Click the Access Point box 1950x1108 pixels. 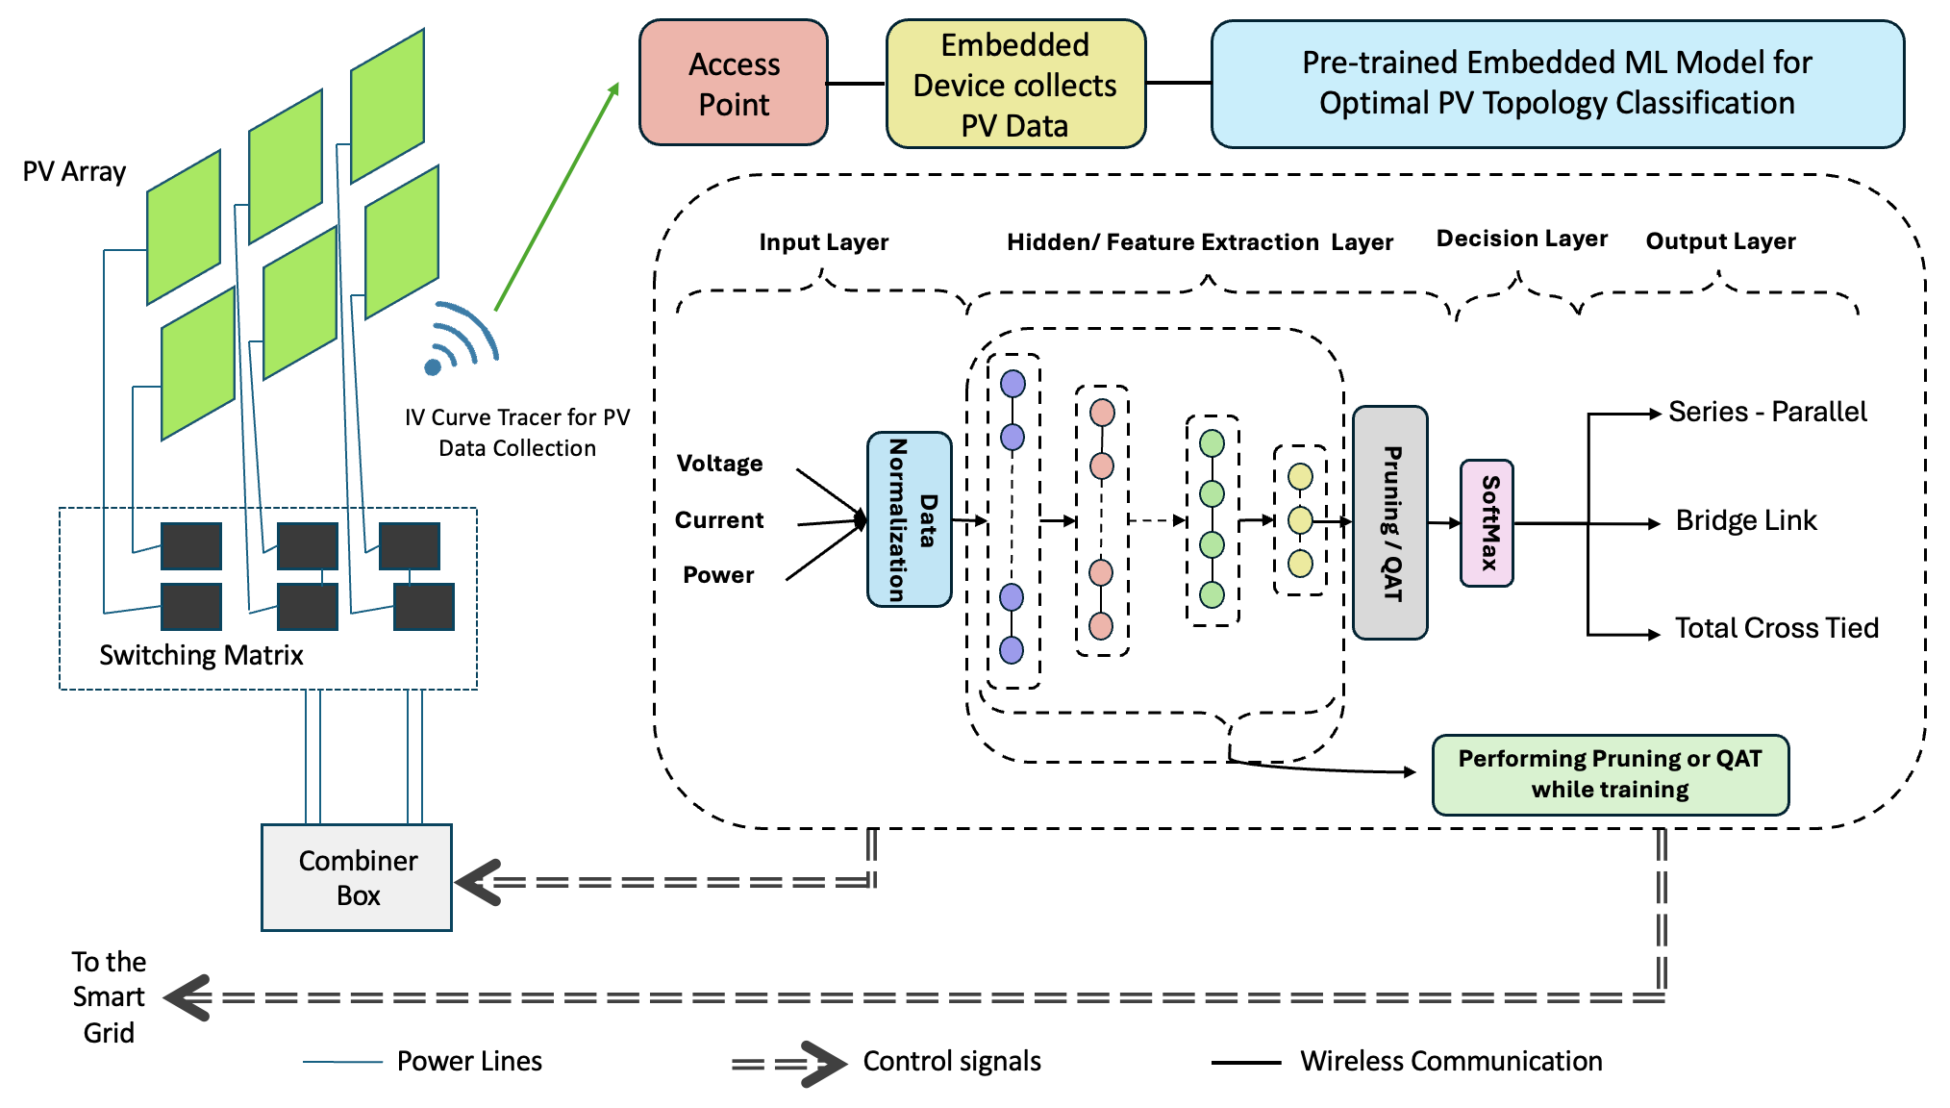[x=734, y=84]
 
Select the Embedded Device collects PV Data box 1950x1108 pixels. [x=1015, y=85]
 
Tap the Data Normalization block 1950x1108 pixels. [x=910, y=519]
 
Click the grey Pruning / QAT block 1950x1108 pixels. [x=1390, y=523]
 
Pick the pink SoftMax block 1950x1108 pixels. [x=1487, y=523]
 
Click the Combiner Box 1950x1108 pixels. [x=357, y=877]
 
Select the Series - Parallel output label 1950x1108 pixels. [x=1766, y=412]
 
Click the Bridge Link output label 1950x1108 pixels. [x=1745, y=520]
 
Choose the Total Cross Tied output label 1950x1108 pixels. [x=1776, y=628]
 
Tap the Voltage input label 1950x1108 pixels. [x=719, y=464]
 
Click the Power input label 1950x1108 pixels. [x=718, y=575]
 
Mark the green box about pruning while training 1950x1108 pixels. [x=1610, y=774]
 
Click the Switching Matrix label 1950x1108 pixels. [x=201, y=655]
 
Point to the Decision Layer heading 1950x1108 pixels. [x=1521, y=239]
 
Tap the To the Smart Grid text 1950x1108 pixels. [x=109, y=996]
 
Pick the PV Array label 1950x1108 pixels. [x=74, y=172]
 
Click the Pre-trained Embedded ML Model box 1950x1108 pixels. [x=1557, y=84]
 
